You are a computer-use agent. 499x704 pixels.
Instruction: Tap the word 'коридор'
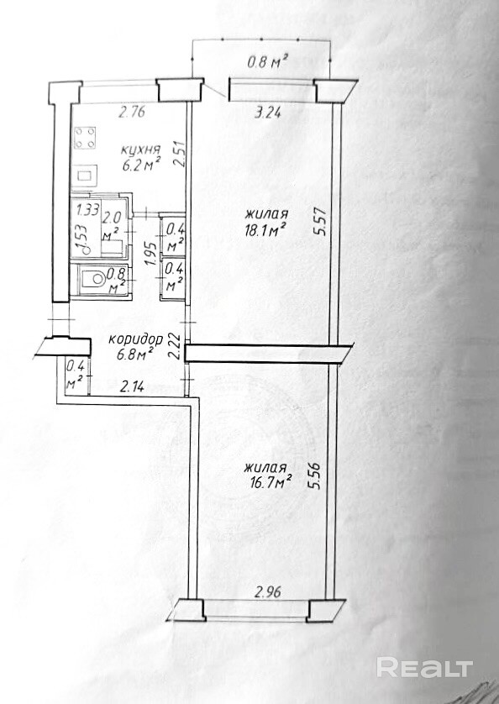click(136, 340)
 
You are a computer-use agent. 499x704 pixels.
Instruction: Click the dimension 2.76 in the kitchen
click(132, 112)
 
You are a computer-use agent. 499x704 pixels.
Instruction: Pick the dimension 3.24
click(268, 113)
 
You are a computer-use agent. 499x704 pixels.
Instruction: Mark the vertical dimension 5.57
click(319, 221)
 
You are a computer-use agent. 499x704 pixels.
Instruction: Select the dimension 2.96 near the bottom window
click(268, 591)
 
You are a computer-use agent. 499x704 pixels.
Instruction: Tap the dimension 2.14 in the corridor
click(132, 386)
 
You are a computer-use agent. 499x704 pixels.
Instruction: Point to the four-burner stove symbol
click(85, 138)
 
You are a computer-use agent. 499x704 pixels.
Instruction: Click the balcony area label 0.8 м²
click(268, 61)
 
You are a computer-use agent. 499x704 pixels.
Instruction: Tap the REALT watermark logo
click(424, 668)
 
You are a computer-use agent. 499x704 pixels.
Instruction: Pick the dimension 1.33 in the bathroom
click(87, 210)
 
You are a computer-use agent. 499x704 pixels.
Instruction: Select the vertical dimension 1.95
click(153, 254)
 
